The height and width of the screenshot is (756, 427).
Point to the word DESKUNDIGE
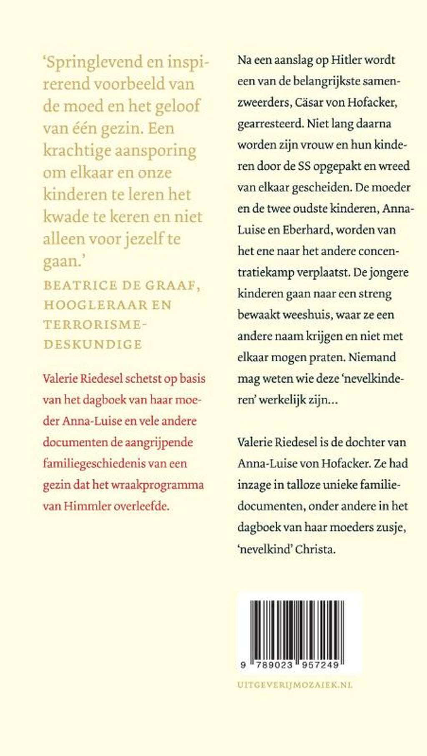tap(93, 344)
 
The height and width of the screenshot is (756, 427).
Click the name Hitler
tap(347, 60)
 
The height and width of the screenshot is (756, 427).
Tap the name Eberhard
tap(307, 230)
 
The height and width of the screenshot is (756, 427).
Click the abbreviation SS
tap(303, 166)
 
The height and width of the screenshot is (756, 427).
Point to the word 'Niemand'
tap(372, 358)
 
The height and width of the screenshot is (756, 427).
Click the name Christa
tap(315, 549)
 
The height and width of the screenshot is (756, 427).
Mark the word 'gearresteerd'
tap(269, 123)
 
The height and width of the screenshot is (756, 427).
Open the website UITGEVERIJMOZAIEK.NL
tap(295, 685)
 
